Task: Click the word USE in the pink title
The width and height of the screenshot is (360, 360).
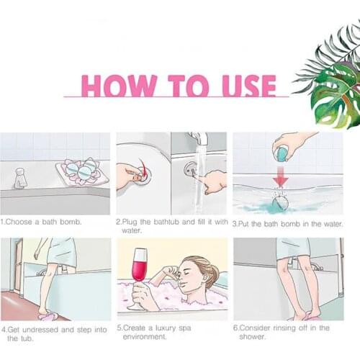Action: [x=249, y=86]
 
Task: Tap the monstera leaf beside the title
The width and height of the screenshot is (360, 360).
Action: [x=336, y=95]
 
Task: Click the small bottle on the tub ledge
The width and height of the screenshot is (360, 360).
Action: [x=20, y=178]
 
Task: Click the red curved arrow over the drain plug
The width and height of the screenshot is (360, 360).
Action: [x=144, y=168]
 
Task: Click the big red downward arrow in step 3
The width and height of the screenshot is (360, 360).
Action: [x=280, y=176]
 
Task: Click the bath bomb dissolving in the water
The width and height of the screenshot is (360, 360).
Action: [x=280, y=202]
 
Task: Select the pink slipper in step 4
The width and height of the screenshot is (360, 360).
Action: [x=48, y=316]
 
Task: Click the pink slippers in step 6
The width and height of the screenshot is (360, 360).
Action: [x=303, y=318]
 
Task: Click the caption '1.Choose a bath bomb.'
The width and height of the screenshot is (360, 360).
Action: [x=41, y=222]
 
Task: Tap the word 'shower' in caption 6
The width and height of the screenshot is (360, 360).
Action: [x=252, y=336]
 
